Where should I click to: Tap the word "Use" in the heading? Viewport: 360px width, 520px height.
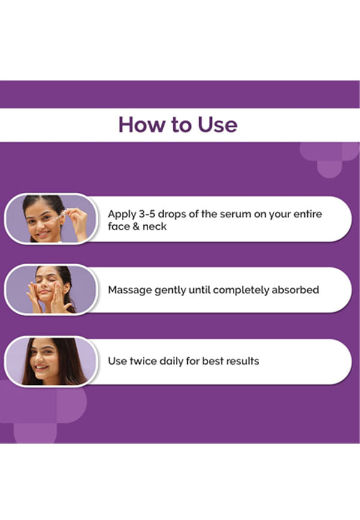coord(217,125)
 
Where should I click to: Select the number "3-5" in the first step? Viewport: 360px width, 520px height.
coord(147,214)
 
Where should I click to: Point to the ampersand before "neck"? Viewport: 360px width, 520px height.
coord(136,226)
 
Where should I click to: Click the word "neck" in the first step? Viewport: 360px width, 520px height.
coord(154,226)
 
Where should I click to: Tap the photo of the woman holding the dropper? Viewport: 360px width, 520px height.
coord(51,219)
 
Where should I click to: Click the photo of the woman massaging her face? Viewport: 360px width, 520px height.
coord(51,290)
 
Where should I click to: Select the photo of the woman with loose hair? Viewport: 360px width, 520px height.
coord(51,361)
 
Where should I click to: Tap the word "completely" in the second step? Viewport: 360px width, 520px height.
coord(241,290)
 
